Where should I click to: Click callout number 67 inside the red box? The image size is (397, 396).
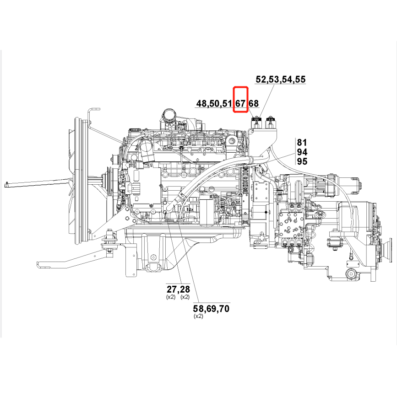[240, 104]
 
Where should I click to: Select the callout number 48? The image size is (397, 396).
[202, 104]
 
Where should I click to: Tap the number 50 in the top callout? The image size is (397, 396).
[214, 104]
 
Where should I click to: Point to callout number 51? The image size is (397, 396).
[227, 104]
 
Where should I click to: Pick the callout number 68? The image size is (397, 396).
[254, 104]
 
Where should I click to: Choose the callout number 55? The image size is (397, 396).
[300, 80]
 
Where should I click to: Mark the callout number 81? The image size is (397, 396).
[302, 142]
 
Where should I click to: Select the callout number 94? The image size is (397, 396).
[302, 152]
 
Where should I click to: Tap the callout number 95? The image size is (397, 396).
[302, 161]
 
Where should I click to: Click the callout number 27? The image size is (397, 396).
[171, 289]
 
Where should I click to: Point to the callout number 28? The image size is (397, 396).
[184, 289]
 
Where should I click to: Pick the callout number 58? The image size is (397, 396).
[199, 309]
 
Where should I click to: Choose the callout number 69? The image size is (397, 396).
[211, 309]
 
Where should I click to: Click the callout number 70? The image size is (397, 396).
[224, 309]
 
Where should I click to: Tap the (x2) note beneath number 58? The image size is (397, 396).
[198, 316]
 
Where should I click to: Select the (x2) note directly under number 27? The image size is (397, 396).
[170, 297]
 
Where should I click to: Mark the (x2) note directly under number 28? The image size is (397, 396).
[185, 297]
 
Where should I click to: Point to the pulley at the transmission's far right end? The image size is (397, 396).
[390, 250]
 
